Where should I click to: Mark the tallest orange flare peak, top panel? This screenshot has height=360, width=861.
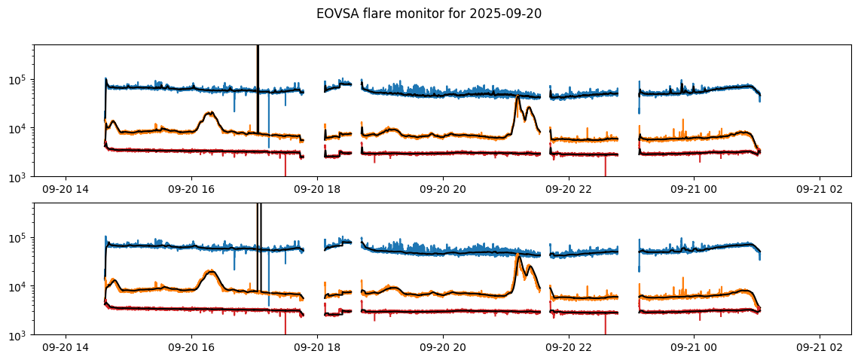518,96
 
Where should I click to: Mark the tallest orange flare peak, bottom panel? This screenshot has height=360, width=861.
518,255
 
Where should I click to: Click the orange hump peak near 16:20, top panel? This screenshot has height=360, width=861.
210,113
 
